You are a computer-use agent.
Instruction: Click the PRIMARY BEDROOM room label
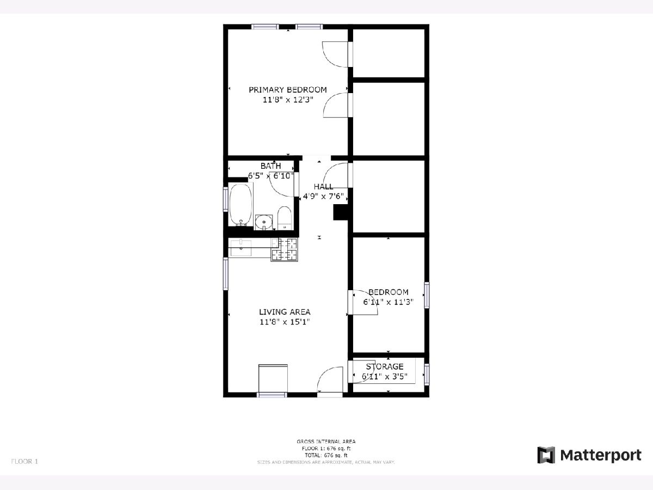point(288,89)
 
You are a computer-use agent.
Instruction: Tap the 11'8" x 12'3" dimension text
point(288,100)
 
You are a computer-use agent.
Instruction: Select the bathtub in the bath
point(241,204)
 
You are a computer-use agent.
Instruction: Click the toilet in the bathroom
point(284,218)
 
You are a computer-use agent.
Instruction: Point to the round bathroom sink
point(263,222)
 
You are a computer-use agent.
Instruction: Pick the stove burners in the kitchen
point(284,250)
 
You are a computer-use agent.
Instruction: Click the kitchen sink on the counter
point(241,248)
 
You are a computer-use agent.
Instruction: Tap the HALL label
point(323,187)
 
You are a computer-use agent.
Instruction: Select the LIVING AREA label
point(285,312)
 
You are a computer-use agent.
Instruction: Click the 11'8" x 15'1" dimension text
point(285,322)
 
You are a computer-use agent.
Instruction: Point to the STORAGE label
point(385,366)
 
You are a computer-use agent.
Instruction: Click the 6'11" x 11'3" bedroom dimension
point(388,302)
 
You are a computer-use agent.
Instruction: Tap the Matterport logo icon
point(546,455)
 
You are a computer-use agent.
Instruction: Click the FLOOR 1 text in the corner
point(24,462)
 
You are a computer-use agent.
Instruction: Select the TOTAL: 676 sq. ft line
point(326,456)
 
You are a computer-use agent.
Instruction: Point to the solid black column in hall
point(341,212)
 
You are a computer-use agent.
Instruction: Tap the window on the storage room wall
point(427,374)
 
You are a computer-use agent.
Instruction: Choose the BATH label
point(270,166)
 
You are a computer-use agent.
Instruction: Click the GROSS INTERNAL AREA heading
point(326,442)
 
